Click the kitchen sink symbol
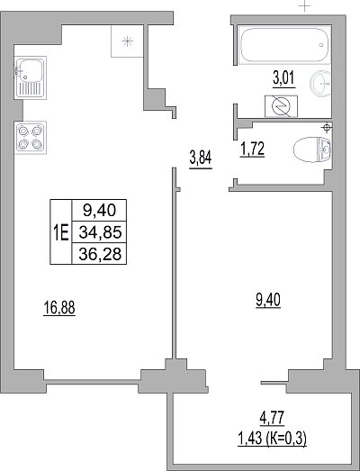coord(30,77)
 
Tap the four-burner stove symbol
coord(30,138)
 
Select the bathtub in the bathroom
coord(284,45)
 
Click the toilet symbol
coord(312,149)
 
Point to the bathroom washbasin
coord(320,83)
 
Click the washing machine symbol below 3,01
coord(281,106)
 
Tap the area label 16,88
coord(59,308)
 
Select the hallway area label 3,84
coord(201,159)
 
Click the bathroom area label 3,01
coord(283,78)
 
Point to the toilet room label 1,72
coord(252,149)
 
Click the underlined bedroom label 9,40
coord(268,301)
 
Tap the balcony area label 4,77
coord(272,418)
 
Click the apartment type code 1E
coord(61,232)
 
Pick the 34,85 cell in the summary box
coord(100,232)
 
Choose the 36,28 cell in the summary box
coord(100,254)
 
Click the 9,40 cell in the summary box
coord(99,210)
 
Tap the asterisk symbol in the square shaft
coord(128,41)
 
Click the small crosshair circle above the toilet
coord(326,128)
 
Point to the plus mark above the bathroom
coord(304,5)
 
